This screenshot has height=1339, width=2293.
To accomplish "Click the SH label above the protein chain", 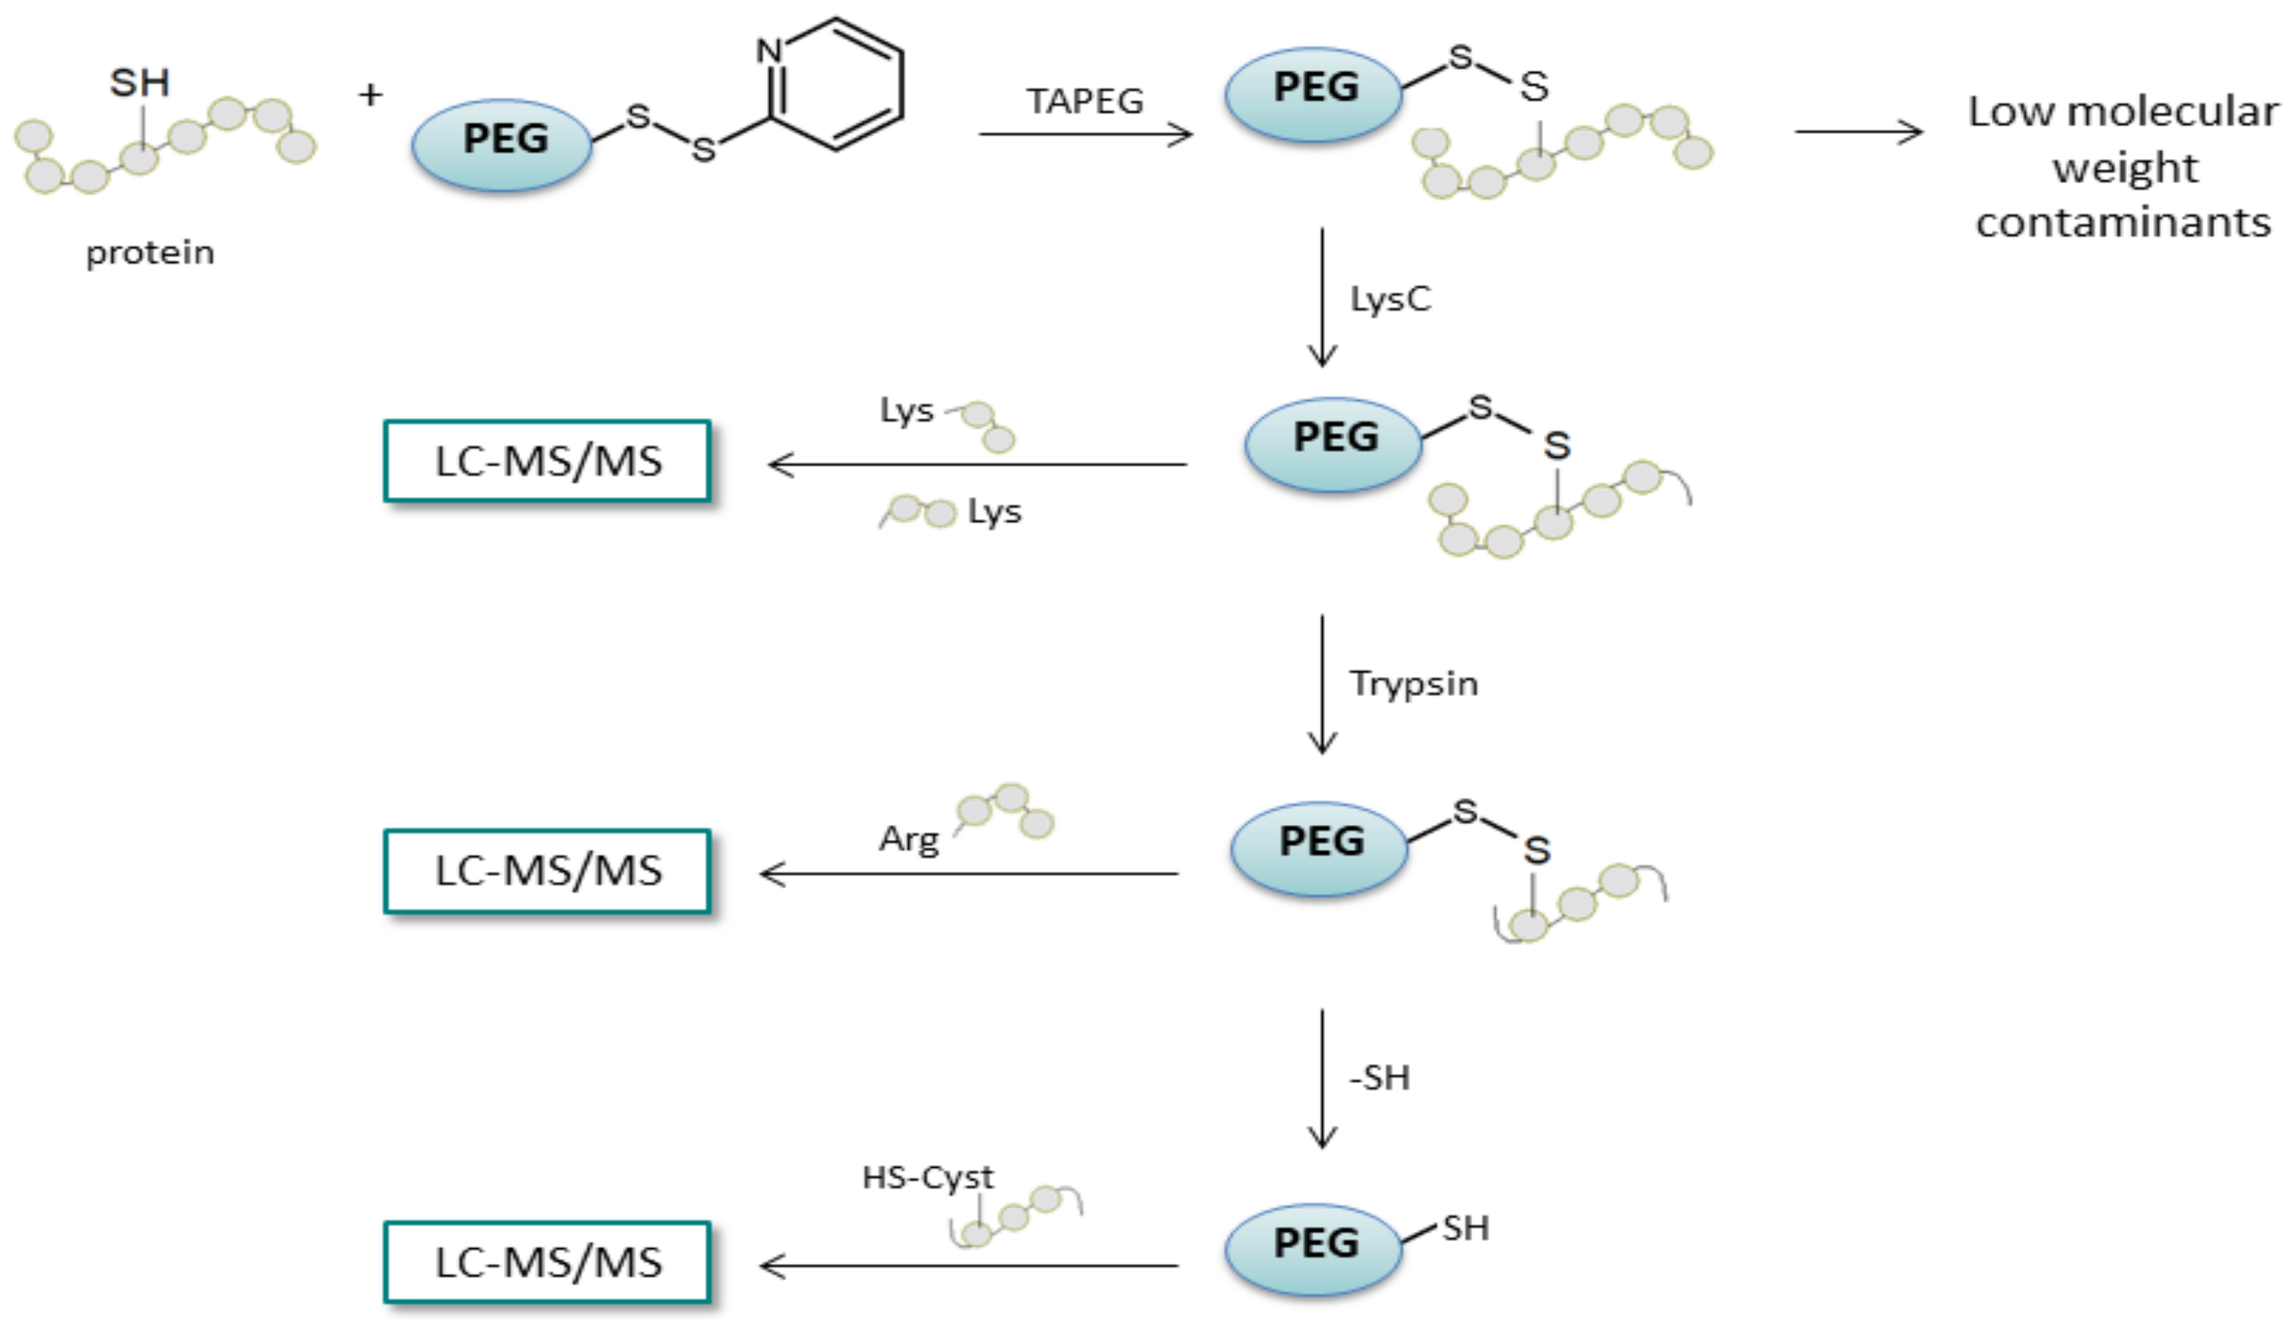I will coord(139,84).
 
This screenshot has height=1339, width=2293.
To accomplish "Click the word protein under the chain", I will coord(150,253).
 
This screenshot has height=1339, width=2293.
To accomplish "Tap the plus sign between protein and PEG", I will coord(370,95).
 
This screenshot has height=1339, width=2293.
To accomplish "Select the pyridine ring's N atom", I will coord(769,51).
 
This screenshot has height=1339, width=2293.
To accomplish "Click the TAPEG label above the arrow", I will coord(1085,101).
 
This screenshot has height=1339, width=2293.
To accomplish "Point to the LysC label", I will coord(1389,299).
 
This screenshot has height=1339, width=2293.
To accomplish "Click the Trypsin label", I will coord(1413,684).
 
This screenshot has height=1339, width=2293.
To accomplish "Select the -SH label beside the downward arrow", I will coord(1379,1078).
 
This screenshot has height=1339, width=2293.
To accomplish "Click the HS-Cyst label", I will coord(928,1178).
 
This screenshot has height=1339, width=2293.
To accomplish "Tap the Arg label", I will coord(908,839).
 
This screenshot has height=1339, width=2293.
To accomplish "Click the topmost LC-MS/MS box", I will coord(547,461).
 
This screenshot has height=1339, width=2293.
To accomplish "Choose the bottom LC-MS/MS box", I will coord(547,1262).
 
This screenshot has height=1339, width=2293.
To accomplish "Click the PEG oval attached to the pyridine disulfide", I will coord(502,140).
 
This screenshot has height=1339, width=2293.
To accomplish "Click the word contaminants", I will coord(2123,222).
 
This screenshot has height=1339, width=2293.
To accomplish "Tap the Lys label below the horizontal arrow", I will coord(994,512).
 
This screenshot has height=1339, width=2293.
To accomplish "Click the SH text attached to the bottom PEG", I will coord(1465,1228).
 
